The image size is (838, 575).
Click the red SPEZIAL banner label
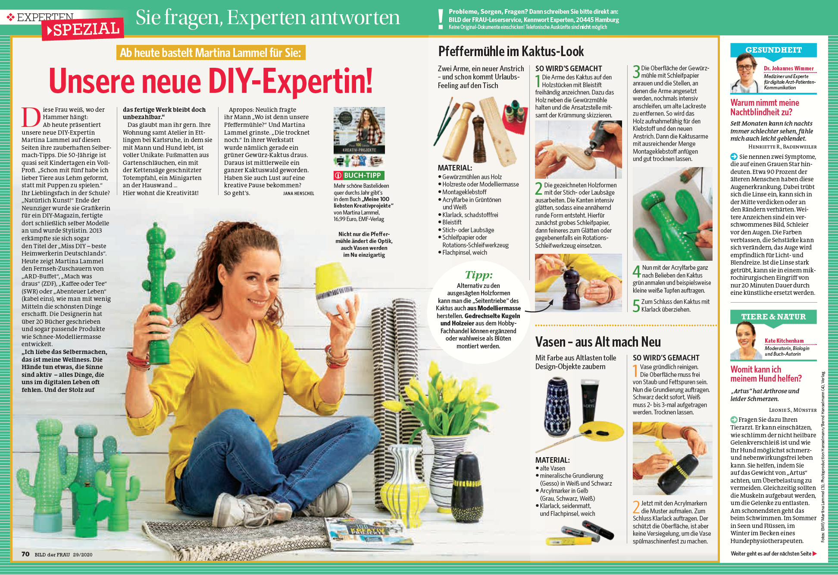pyautogui.click(x=83, y=29)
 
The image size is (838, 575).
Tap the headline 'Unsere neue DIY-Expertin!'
pyautogui.click(x=211, y=81)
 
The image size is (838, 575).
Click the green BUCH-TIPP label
pyautogui.click(x=359, y=175)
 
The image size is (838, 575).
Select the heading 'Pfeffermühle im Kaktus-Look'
pyautogui.click(x=511, y=51)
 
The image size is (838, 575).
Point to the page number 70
pyautogui.click(x=25, y=554)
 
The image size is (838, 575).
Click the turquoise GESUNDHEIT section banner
pyautogui.click(x=773, y=50)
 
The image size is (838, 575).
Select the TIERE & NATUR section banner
pyautogui.click(x=773, y=317)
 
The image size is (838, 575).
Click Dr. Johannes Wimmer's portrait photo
pyautogui.click(x=745, y=74)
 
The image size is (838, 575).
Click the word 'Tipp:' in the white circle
pyautogui.click(x=478, y=275)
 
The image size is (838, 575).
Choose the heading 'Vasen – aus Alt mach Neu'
pyautogui.click(x=598, y=342)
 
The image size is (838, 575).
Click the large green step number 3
pyautogui.click(x=636, y=72)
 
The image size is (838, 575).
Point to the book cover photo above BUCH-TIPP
pyautogui.click(x=359, y=130)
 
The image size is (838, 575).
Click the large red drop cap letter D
pyautogui.click(x=31, y=117)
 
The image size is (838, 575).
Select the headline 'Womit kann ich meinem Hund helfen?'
pyautogui.click(x=766, y=374)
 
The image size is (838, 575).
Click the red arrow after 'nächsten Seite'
pyautogui.click(x=814, y=553)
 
